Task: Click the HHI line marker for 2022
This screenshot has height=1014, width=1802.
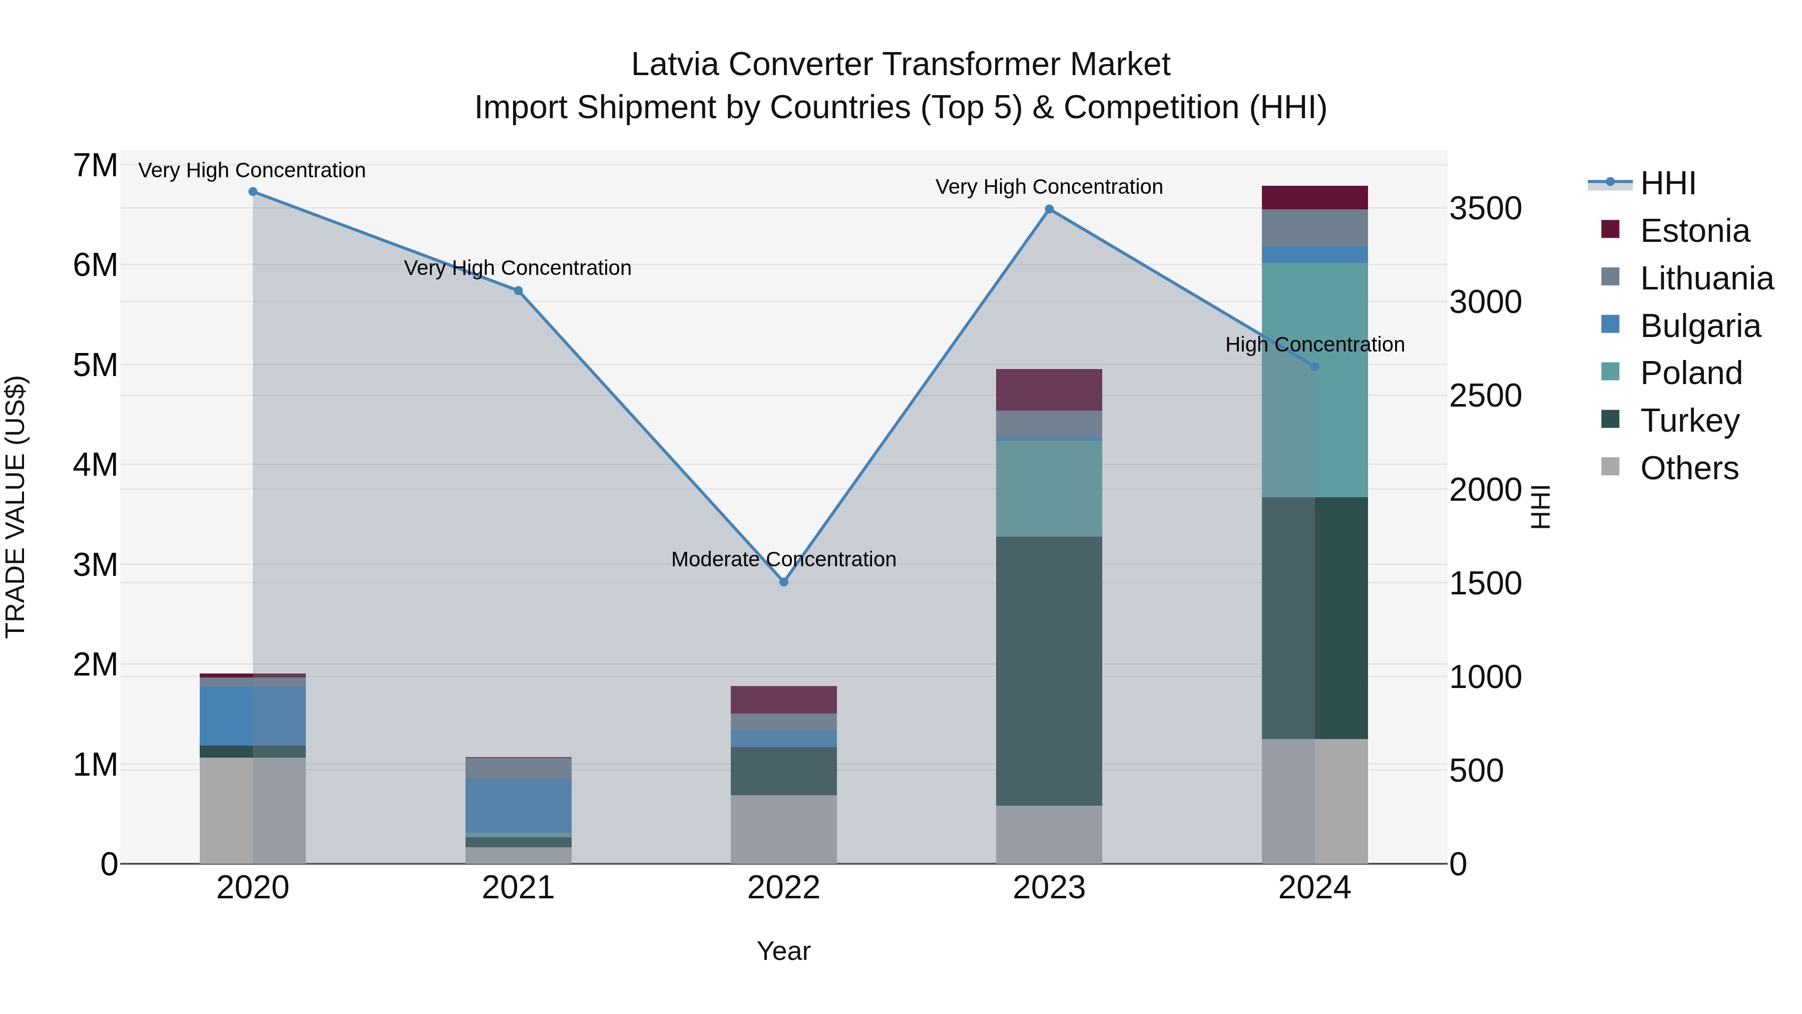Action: tap(783, 581)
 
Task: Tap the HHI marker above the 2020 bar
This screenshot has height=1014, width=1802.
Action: tap(253, 192)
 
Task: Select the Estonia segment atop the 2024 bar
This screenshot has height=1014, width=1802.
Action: tap(1314, 197)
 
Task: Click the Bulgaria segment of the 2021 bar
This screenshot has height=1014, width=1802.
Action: tap(519, 806)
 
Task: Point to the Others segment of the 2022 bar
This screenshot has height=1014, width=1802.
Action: tap(783, 829)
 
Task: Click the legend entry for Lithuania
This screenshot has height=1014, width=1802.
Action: tap(1706, 278)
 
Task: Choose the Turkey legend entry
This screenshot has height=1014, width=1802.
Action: tap(1689, 421)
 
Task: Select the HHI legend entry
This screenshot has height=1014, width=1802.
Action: tap(1668, 183)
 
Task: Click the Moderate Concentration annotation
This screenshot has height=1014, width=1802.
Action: tap(783, 559)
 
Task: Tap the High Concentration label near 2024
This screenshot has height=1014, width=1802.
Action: tap(1314, 345)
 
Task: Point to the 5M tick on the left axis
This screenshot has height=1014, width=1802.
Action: tap(95, 365)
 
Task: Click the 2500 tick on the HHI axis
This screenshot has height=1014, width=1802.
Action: tap(1485, 396)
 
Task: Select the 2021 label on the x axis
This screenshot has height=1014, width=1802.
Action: tap(519, 888)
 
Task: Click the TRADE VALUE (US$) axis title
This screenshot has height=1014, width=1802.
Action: tap(16, 507)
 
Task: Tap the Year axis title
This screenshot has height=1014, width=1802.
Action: tap(783, 951)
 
